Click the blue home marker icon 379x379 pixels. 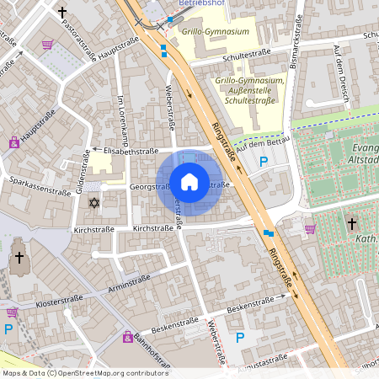coord(189,181)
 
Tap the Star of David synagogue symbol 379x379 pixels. coord(93,203)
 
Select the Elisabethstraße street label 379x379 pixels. coord(126,152)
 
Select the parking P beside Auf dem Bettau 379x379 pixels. coord(264,163)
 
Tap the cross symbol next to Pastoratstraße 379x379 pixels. coord(62,13)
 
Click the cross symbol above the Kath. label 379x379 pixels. coord(352,223)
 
